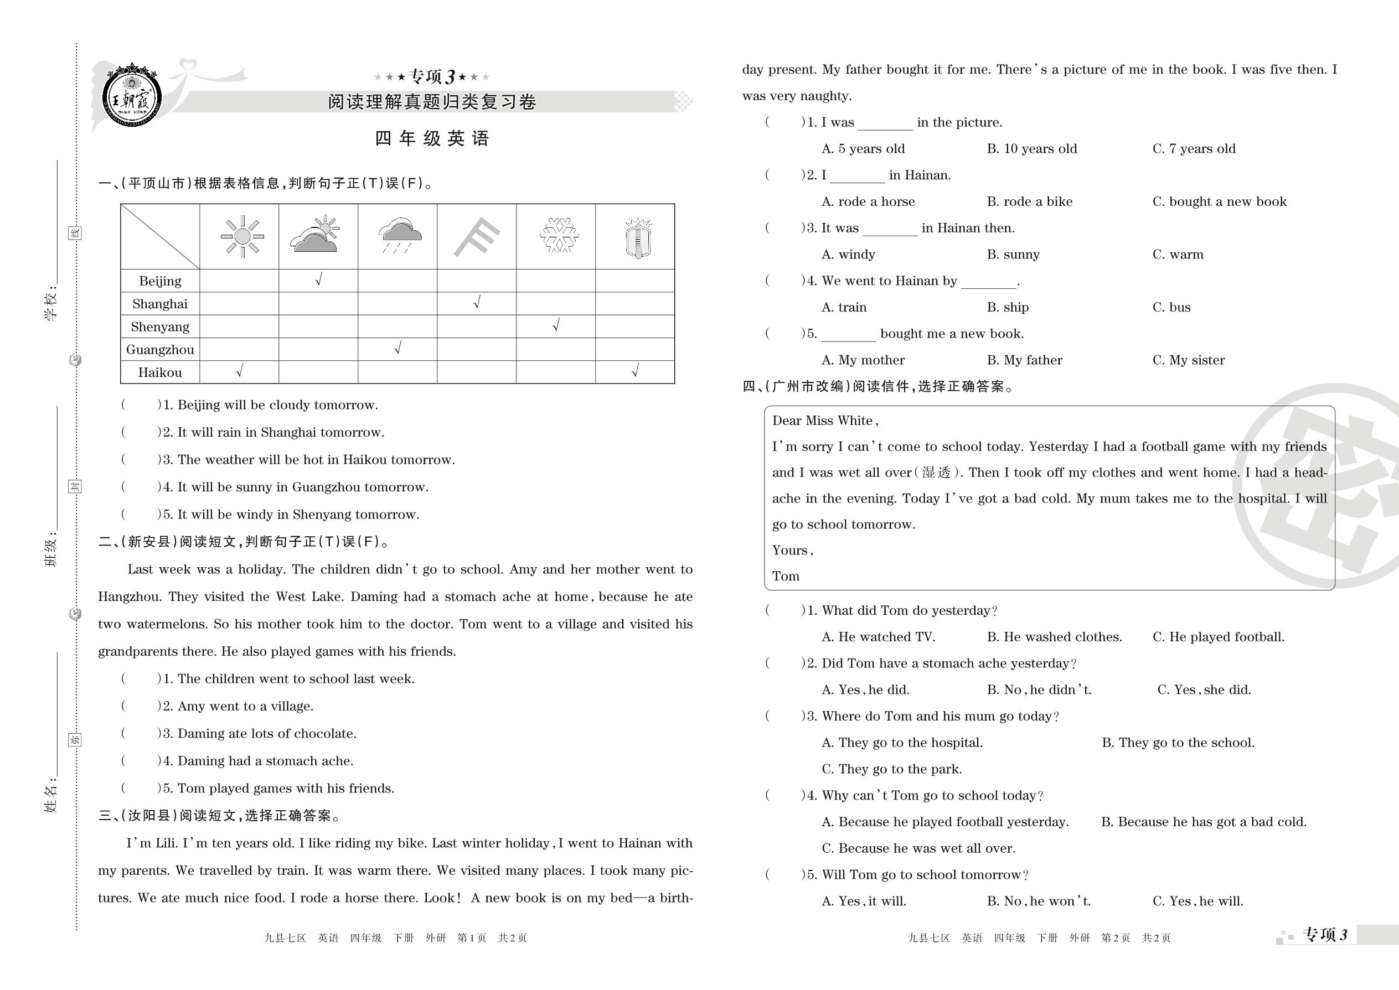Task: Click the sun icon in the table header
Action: pyautogui.click(x=242, y=236)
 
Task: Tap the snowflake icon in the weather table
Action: pyautogui.click(x=559, y=235)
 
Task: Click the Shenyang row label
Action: pyautogui.click(x=160, y=326)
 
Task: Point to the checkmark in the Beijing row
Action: pyautogui.click(x=318, y=279)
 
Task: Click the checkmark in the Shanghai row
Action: pyautogui.click(x=477, y=302)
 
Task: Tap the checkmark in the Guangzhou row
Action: pyautogui.click(x=397, y=348)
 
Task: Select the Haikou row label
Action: pyautogui.click(x=160, y=372)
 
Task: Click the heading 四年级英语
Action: pyautogui.click(x=432, y=138)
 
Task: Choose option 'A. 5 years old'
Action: pyautogui.click(x=863, y=149)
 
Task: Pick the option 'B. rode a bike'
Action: pyautogui.click(x=1029, y=202)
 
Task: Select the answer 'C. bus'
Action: pyautogui.click(x=1171, y=307)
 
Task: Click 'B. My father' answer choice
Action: pyautogui.click(x=1025, y=360)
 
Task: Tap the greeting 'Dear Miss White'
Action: pyautogui.click(x=824, y=421)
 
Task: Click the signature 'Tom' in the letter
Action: pyautogui.click(x=786, y=576)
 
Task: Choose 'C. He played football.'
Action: pyautogui.click(x=1219, y=637)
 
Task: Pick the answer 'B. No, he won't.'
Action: pyautogui.click(x=1039, y=901)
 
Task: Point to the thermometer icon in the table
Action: pyautogui.click(x=638, y=237)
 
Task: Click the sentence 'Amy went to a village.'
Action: pyautogui.click(x=245, y=706)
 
